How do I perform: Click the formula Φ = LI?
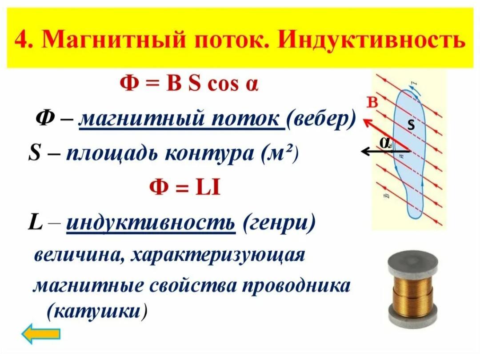(184, 188)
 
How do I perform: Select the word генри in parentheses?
(279, 223)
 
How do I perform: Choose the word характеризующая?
(218, 256)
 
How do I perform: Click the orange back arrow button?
(41, 333)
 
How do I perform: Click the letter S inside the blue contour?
(412, 125)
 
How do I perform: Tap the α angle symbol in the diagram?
(385, 142)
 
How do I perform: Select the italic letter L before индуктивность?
(35, 222)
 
